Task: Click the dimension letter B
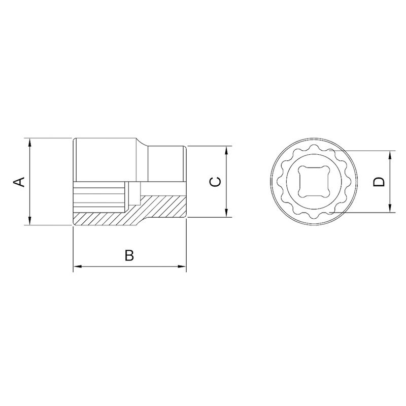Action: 129,255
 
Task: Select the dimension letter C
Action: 215,182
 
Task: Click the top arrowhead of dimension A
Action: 30,141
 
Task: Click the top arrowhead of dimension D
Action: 390,154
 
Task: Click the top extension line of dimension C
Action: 208,147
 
